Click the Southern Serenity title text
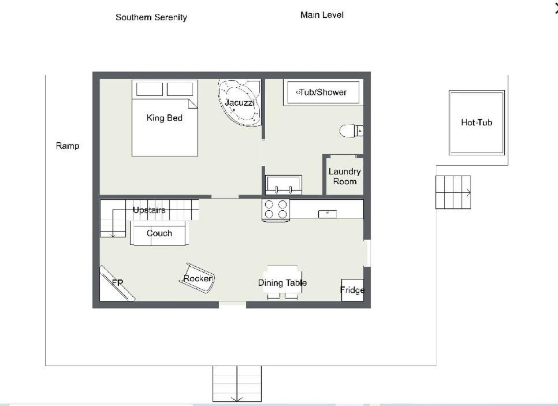pyautogui.click(x=151, y=17)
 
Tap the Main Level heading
pyautogui.click(x=322, y=15)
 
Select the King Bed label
pyautogui.click(x=165, y=118)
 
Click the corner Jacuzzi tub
pyautogui.click(x=239, y=102)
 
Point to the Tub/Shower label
pyautogui.click(x=323, y=92)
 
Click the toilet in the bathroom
pyautogui.click(x=351, y=131)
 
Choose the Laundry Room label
pyautogui.click(x=344, y=177)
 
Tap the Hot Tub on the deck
pyautogui.click(x=477, y=123)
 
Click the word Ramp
pyautogui.click(x=68, y=146)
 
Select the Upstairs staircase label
pyautogui.click(x=149, y=210)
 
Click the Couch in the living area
pyautogui.click(x=159, y=233)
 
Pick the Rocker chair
pyautogui.click(x=198, y=278)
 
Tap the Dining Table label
pyautogui.click(x=282, y=283)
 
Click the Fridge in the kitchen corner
pyautogui.click(x=352, y=290)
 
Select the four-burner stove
pyautogui.click(x=276, y=210)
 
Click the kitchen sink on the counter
pyautogui.click(x=328, y=214)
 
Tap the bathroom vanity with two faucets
pyautogui.click(x=284, y=185)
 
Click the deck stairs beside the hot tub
pyautogui.click(x=453, y=192)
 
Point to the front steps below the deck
pyautogui.click(x=237, y=383)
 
